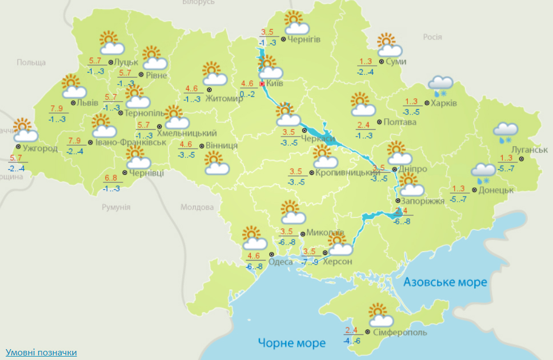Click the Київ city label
275,84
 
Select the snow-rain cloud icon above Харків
440,85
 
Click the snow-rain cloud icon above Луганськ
505,132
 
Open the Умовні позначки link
41,352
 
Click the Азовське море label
445,282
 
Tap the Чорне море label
291,343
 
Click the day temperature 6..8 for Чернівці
111,178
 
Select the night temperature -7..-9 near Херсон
309,262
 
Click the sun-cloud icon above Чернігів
296,23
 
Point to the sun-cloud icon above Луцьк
111,42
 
